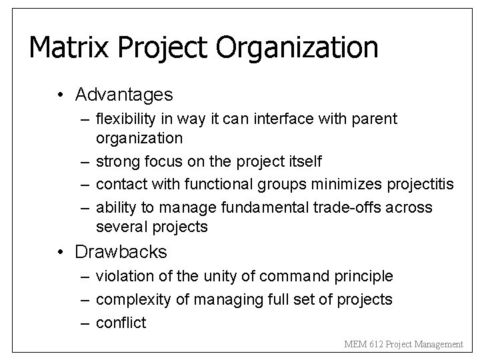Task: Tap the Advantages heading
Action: click(124, 95)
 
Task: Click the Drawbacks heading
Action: click(121, 252)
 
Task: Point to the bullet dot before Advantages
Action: click(61, 96)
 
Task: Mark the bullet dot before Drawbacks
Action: click(61, 253)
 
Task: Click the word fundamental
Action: click(261, 208)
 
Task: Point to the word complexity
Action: click(132, 299)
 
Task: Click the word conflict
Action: click(121, 323)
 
